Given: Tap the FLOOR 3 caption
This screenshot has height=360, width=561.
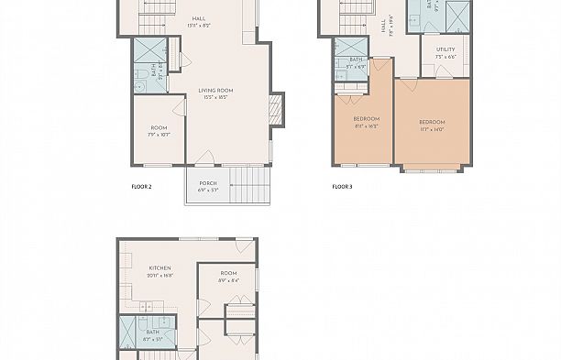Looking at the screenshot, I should (x=342, y=186).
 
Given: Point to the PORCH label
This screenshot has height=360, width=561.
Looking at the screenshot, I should (x=208, y=186).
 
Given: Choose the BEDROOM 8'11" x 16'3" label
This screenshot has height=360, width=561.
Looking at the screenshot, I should (x=366, y=123).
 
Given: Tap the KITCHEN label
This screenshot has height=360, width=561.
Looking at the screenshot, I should (x=160, y=271).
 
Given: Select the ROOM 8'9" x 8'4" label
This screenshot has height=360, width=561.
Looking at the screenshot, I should (x=229, y=277).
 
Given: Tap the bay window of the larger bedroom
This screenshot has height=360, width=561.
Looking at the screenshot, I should (x=432, y=169).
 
